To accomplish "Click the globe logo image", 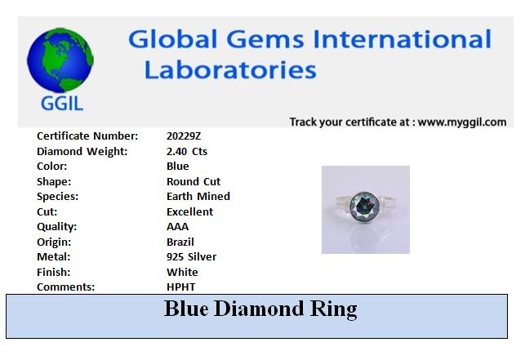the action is [60, 60].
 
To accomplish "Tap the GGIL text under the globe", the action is [62, 104].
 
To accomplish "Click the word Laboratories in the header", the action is [230, 70].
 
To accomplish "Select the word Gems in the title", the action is [265, 39].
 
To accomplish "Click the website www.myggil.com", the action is [462, 122].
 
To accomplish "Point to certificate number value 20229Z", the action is [184, 136].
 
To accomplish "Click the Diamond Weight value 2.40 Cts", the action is [187, 151].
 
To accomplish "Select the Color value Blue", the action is [178, 166].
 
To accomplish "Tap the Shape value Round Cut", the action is [194, 181].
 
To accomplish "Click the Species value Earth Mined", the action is [198, 196].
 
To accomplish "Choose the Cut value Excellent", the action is [190, 211].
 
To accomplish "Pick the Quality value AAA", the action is [177, 227].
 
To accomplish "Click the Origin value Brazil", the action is [180, 242].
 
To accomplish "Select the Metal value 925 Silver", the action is [192, 257].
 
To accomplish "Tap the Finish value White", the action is [182, 272].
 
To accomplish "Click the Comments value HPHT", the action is [181, 287].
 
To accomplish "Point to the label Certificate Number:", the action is [87, 136].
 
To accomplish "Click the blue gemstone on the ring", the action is [364, 206].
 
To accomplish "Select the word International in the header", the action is [403, 39].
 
